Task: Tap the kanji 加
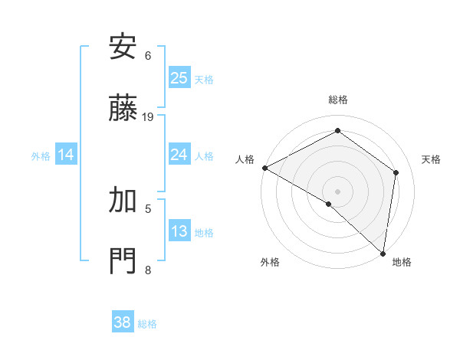point(123,200)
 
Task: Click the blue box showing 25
point(179,78)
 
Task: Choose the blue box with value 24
point(179,155)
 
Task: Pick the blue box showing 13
point(179,231)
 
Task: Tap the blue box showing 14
point(66,155)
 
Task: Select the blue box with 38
point(123,322)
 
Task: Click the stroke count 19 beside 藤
point(148,117)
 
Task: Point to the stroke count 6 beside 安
point(148,56)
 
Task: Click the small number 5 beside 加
point(148,208)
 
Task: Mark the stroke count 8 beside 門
point(148,270)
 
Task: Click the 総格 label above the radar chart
point(338,100)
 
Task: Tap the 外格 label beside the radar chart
point(270,262)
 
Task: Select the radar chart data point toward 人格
point(264,167)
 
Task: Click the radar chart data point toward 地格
point(383,252)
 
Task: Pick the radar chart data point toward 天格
point(396,172)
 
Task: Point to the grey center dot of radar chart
point(337,191)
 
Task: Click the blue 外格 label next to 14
point(41,155)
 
